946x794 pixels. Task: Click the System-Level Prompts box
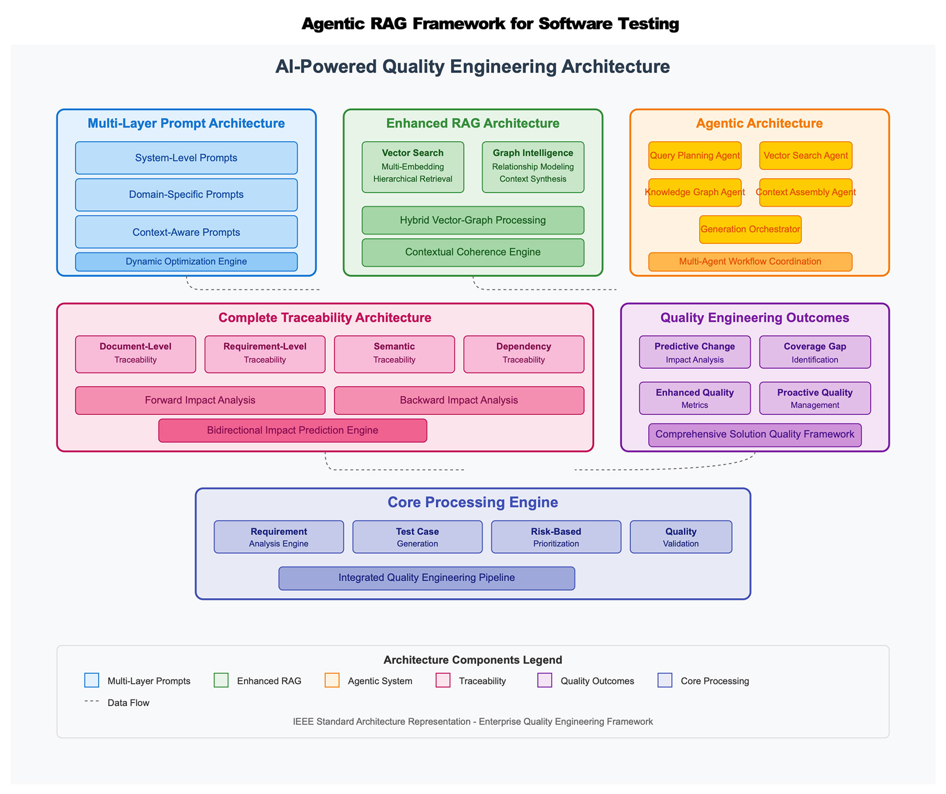(x=186, y=158)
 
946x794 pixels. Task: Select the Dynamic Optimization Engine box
(x=186, y=262)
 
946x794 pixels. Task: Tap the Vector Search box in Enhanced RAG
(x=413, y=167)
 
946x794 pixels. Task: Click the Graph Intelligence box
(x=533, y=167)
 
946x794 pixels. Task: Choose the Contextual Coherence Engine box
(x=472, y=252)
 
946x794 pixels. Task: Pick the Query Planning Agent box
(x=695, y=156)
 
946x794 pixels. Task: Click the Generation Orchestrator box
(x=750, y=230)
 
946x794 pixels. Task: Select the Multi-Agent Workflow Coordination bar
(x=750, y=262)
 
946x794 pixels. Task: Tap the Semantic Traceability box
(x=394, y=354)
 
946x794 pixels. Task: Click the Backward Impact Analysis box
(x=459, y=400)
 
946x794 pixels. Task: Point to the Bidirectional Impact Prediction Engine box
(x=292, y=430)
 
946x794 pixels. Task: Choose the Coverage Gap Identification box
(x=815, y=352)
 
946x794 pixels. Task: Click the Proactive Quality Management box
(x=815, y=398)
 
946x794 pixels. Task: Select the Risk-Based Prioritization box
(x=556, y=537)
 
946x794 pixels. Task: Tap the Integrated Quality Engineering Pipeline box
(x=426, y=578)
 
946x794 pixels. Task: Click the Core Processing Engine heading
(x=472, y=502)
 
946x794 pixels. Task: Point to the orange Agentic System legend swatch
(x=332, y=680)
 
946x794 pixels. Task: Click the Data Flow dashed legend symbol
(x=91, y=701)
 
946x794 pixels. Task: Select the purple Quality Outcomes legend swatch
(x=544, y=680)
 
